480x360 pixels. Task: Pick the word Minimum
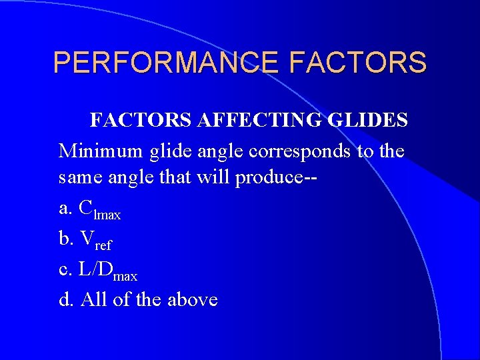101,151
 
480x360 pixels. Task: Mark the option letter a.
65,209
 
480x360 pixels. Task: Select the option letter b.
65,239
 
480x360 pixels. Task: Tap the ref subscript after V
103,245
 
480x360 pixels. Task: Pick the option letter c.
65,269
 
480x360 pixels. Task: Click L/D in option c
95,269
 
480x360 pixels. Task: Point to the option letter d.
65,299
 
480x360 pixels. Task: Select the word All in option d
93,299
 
